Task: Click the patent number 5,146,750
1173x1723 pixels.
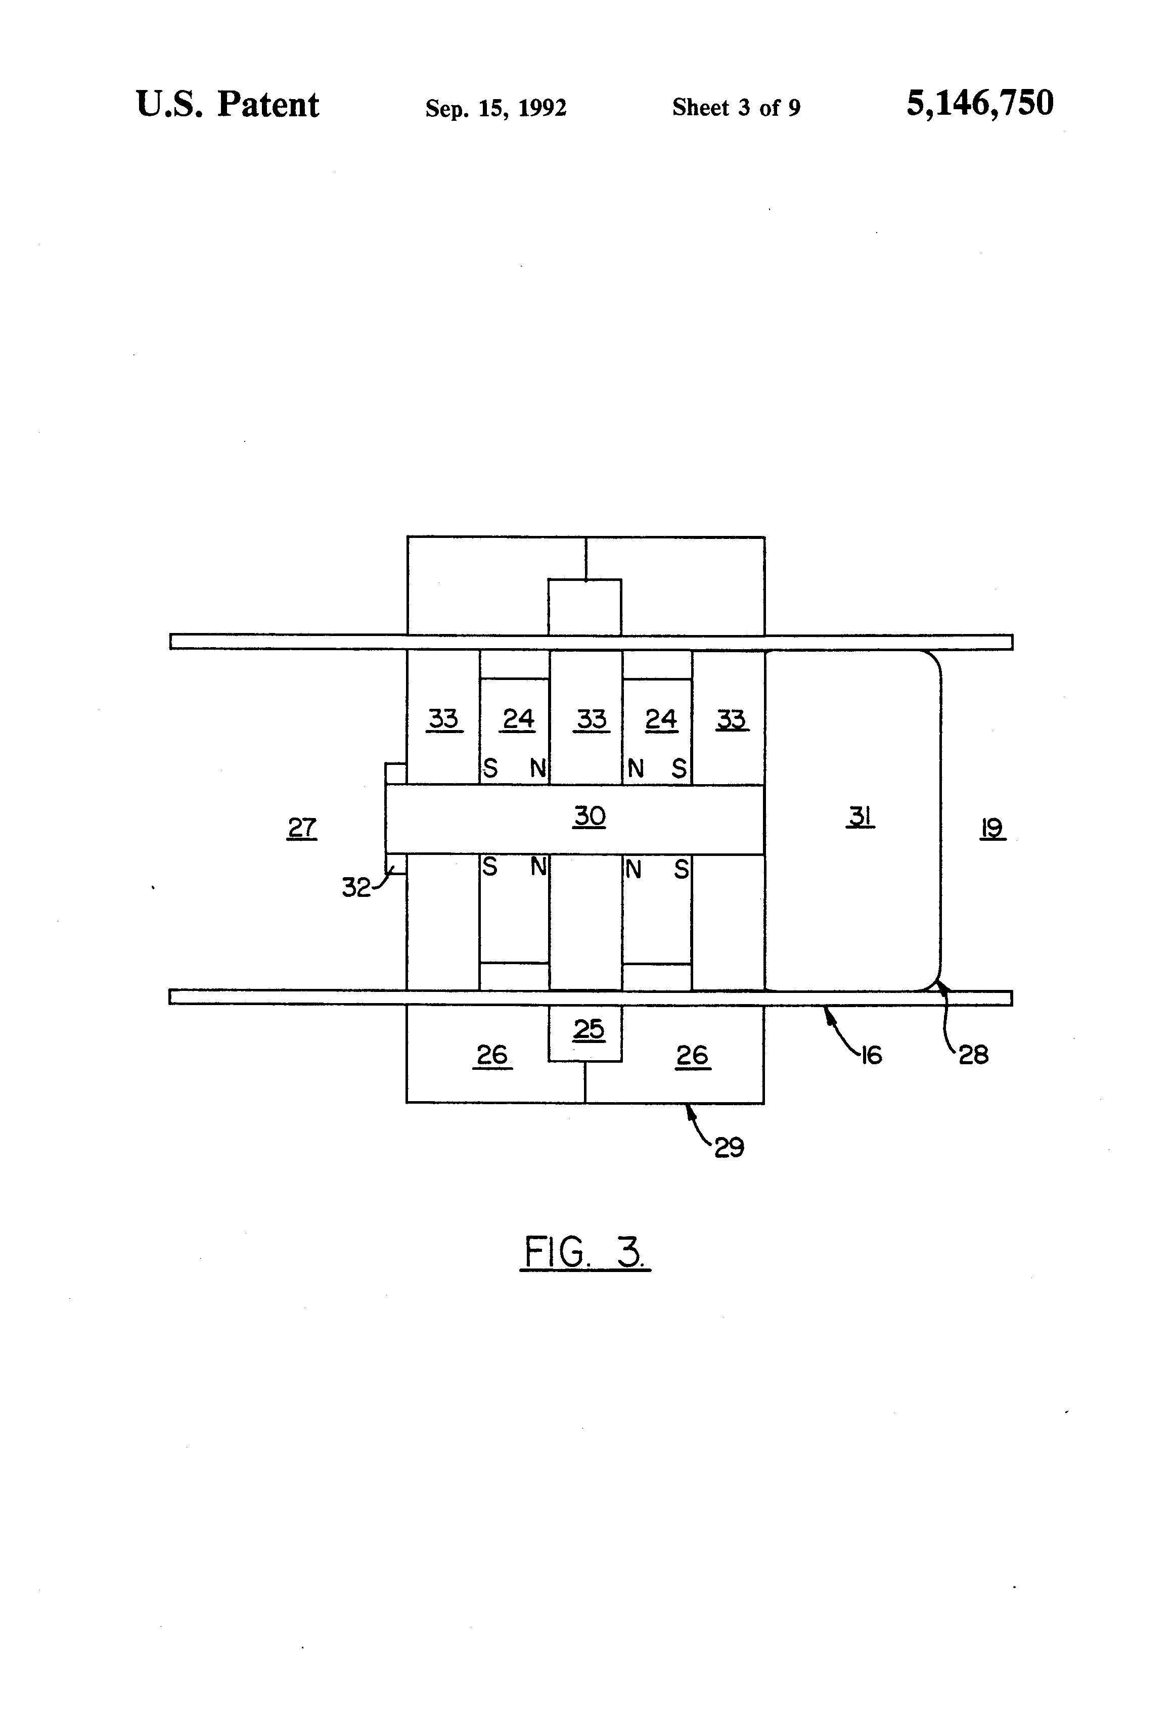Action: (979, 103)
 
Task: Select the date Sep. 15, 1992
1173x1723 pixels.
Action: (495, 108)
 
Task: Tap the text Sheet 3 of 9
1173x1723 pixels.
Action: (736, 108)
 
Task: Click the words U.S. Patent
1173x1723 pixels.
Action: (228, 105)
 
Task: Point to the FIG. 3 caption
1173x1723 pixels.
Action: (584, 1252)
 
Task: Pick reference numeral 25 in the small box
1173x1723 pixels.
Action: (589, 1028)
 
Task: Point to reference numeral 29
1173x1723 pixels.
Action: (729, 1147)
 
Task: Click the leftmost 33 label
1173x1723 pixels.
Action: (443, 718)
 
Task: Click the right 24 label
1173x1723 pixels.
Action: (661, 718)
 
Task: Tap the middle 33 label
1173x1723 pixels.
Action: (591, 718)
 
